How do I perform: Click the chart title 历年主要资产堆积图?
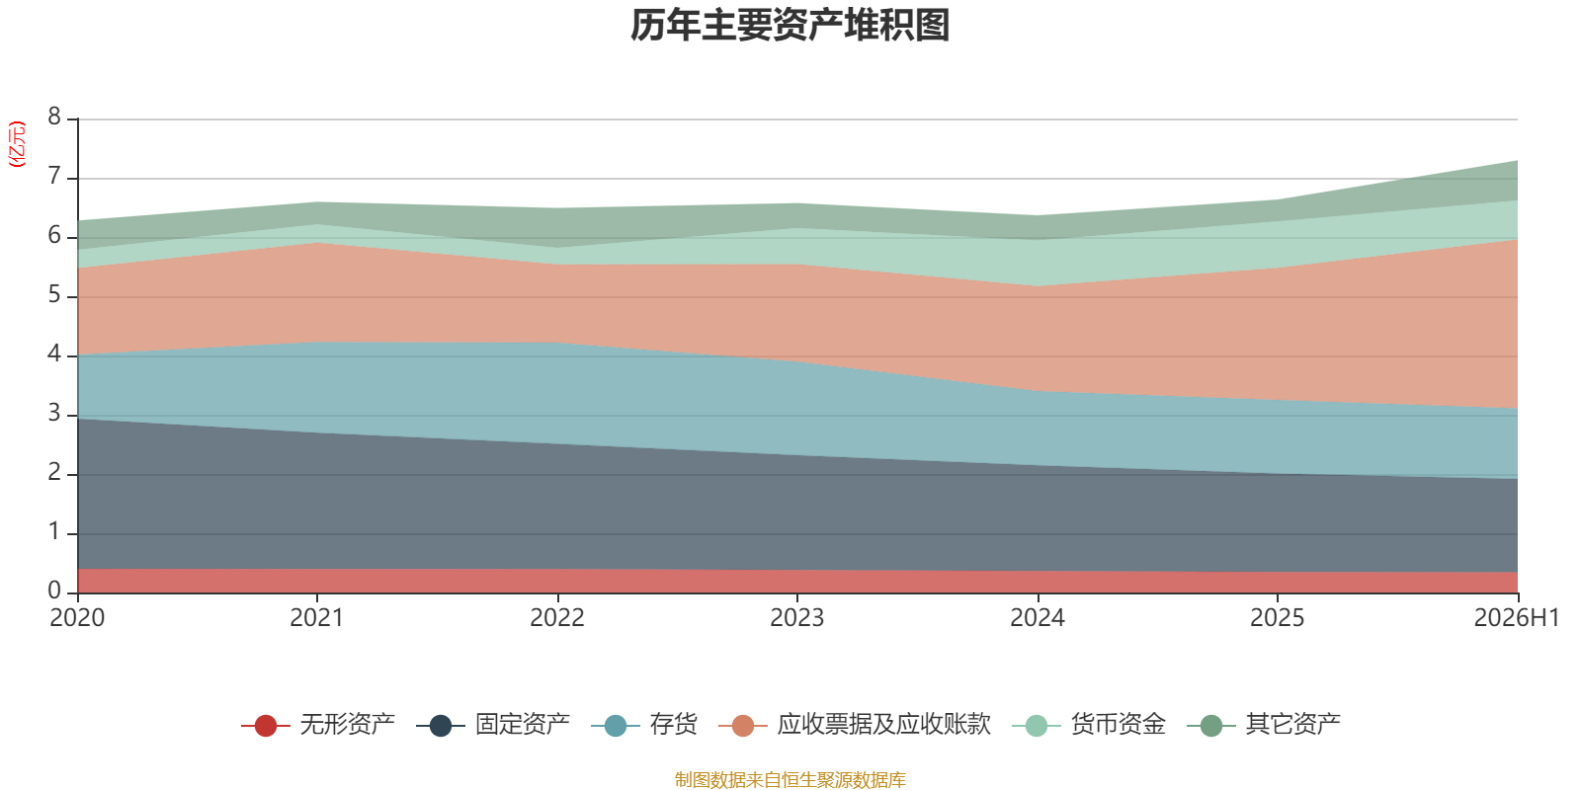point(790,26)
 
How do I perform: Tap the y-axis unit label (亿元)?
point(16,144)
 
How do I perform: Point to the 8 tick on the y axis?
point(54,117)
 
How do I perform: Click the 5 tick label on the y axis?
point(54,295)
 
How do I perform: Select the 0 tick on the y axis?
point(54,591)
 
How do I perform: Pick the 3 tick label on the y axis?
point(54,414)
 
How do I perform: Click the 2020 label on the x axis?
point(77,618)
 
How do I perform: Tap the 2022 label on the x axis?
point(557,618)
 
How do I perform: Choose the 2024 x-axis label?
point(1037,618)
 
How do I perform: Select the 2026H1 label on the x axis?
point(1516,618)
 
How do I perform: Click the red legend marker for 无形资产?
point(266,725)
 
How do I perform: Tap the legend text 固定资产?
point(523,725)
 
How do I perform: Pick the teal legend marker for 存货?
point(616,725)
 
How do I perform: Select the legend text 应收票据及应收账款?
point(883,725)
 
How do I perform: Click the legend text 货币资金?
point(1118,725)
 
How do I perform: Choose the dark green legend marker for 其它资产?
point(1211,725)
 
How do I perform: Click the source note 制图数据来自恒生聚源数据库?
point(790,779)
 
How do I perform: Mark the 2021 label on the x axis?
point(317,618)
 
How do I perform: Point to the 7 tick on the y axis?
point(54,177)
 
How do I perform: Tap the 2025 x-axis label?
point(1277,618)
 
